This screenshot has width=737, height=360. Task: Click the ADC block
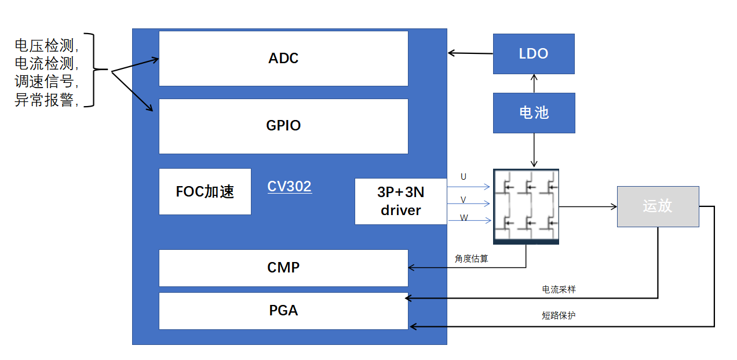tap(283, 59)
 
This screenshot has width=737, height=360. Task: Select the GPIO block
tap(283, 126)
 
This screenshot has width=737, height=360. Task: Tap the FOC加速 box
tap(205, 191)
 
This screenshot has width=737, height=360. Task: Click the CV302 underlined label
tap(290, 187)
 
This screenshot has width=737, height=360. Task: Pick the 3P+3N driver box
tap(401, 201)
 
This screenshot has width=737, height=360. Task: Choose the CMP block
tap(283, 268)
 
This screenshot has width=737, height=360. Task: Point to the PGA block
tap(283, 311)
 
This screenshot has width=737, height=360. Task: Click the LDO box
tap(534, 54)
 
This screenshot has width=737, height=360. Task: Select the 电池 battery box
tap(534, 113)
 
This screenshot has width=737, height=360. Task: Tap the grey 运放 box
tap(658, 206)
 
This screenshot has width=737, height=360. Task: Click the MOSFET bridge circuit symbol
tap(526, 206)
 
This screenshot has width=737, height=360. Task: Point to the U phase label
tap(464, 177)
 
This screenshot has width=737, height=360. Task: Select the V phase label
tap(464, 200)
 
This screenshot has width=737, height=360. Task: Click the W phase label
tap(464, 217)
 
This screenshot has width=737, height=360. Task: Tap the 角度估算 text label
tap(471, 259)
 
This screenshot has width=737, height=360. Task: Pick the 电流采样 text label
tap(559, 289)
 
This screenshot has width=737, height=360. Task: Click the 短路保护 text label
tap(559, 315)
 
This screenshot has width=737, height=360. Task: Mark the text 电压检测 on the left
tap(44, 45)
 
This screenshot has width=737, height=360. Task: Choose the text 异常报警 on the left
tap(44, 100)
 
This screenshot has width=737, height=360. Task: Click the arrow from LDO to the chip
tap(470, 53)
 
